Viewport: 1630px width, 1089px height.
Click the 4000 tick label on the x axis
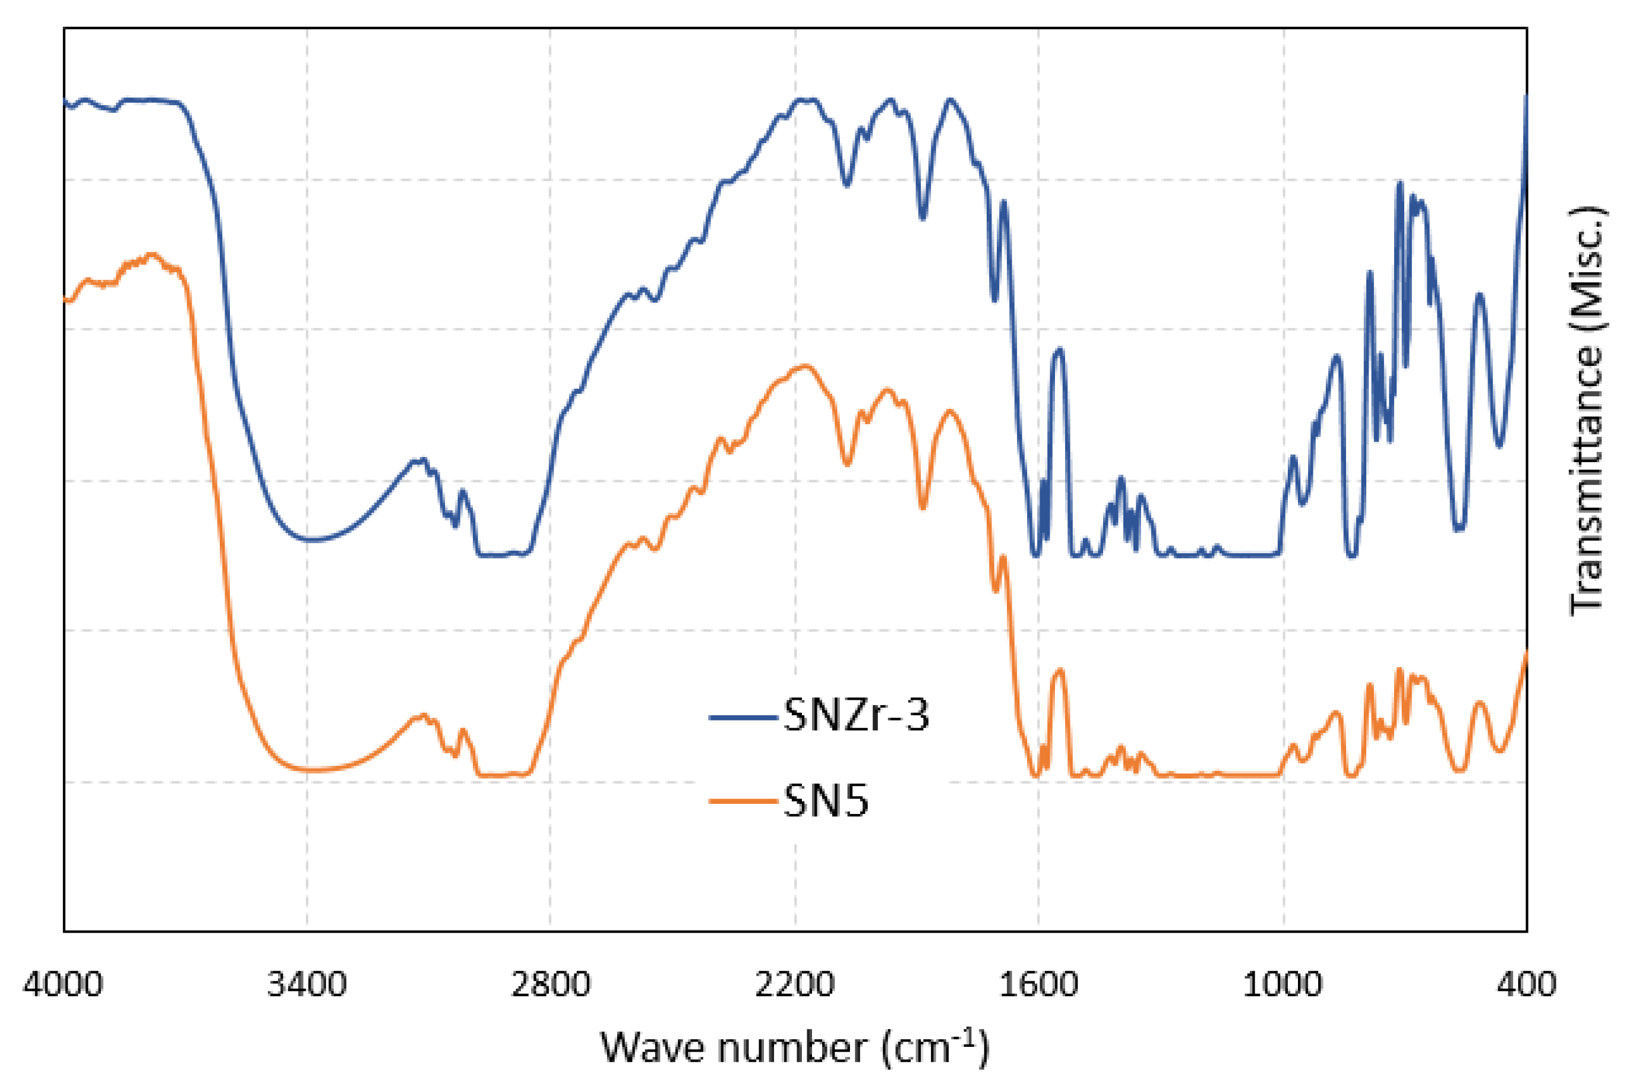coord(62,985)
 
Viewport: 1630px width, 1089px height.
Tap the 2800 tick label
coord(551,985)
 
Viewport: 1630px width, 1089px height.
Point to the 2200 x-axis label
coord(794,985)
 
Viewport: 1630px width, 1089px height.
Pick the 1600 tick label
coord(1038,985)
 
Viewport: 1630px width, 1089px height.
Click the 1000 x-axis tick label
coord(1282,985)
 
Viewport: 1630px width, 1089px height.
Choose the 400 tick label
coord(1526,985)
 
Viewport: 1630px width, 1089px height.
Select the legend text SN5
coord(826,801)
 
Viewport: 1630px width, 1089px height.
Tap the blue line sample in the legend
coord(743,716)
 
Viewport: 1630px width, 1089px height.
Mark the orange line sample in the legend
coord(743,801)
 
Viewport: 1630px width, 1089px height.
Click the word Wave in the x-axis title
coord(653,1048)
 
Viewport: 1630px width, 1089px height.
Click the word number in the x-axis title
coord(791,1048)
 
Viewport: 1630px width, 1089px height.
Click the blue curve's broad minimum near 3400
coord(312,539)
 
